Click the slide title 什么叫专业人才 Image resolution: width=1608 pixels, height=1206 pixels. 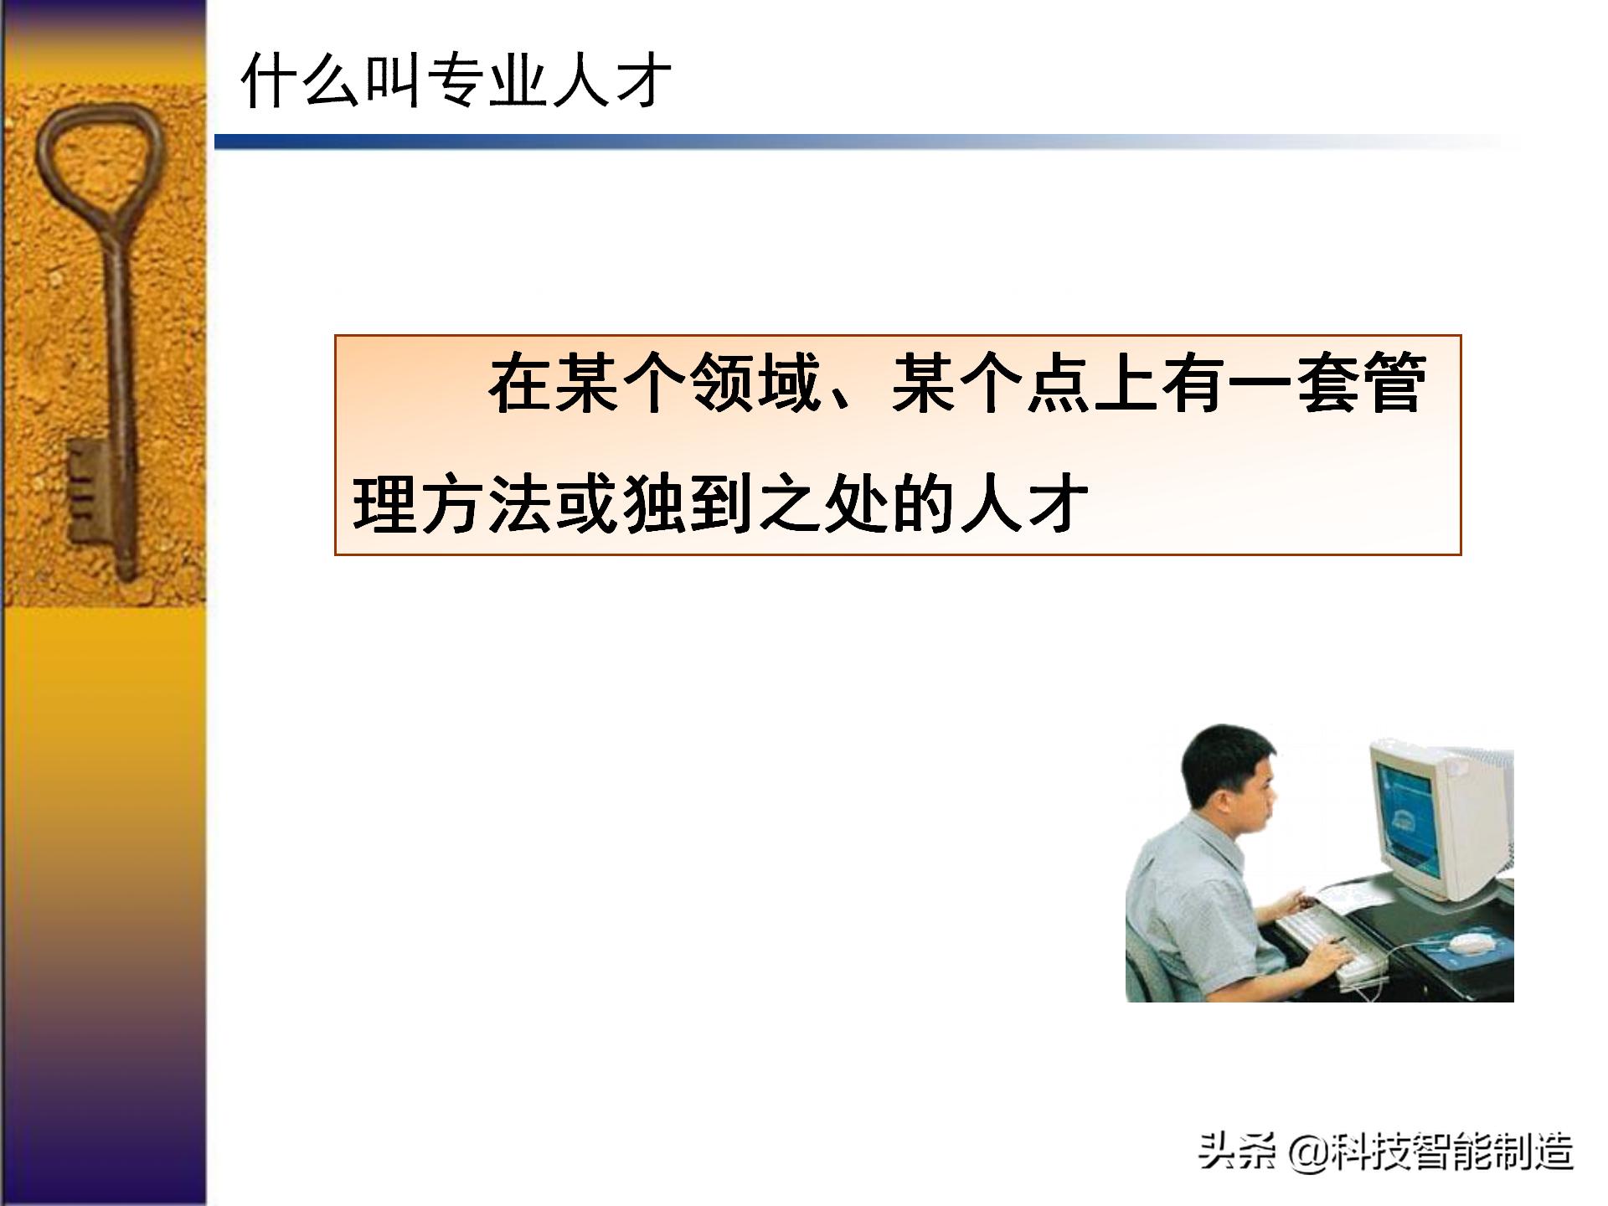point(456,81)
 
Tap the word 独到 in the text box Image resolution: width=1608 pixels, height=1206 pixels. point(691,505)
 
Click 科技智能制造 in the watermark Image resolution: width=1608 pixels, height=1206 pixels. point(1452,1152)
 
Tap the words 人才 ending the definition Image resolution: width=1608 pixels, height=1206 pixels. point(1025,505)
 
